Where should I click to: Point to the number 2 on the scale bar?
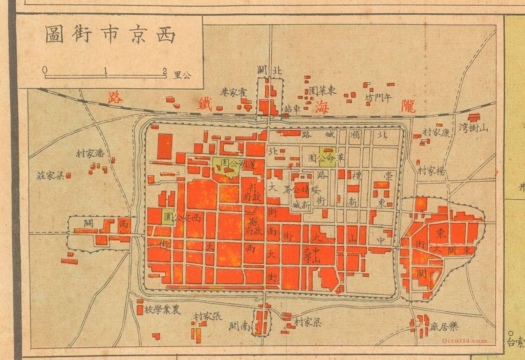coord(165,71)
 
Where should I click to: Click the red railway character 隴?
coord(408,106)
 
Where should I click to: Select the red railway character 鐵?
coord(204,103)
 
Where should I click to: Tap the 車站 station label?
coord(292,109)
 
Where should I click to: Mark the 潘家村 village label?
coord(90,154)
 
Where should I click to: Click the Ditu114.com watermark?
coord(465,341)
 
